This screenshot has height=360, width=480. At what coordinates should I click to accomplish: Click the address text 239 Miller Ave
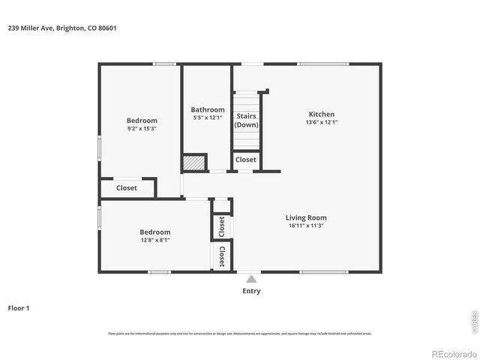[61, 28]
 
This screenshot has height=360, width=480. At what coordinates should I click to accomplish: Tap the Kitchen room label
[321, 114]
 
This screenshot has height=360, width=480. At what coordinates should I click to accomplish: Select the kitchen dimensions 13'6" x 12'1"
[321, 122]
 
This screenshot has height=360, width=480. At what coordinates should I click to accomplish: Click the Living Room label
[306, 217]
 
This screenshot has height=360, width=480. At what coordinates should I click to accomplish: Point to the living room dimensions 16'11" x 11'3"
[306, 226]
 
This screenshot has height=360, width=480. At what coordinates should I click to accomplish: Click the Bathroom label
[207, 109]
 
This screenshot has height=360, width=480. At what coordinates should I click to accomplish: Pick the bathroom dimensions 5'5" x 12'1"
[207, 118]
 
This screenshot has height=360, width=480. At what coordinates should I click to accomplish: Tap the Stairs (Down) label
[246, 120]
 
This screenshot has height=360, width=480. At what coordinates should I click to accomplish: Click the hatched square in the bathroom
[193, 163]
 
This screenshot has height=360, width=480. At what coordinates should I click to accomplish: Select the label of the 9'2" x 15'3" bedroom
[142, 121]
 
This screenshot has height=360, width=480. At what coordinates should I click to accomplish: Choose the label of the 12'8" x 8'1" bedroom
[154, 232]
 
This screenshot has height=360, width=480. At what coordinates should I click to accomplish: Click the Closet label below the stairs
[245, 160]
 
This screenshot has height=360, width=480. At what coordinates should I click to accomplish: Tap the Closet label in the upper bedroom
[127, 187]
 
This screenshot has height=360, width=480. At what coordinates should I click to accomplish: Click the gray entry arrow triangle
[251, 278]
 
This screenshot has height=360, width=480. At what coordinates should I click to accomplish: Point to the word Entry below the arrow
[251, 291]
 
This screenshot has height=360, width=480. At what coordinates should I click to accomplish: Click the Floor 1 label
[19, 307]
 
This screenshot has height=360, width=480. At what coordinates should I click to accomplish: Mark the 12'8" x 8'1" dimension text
[154, 240]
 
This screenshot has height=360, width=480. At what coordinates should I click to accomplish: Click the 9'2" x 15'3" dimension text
[142, 129]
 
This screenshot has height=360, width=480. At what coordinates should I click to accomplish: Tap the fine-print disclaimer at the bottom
[239, 333]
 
